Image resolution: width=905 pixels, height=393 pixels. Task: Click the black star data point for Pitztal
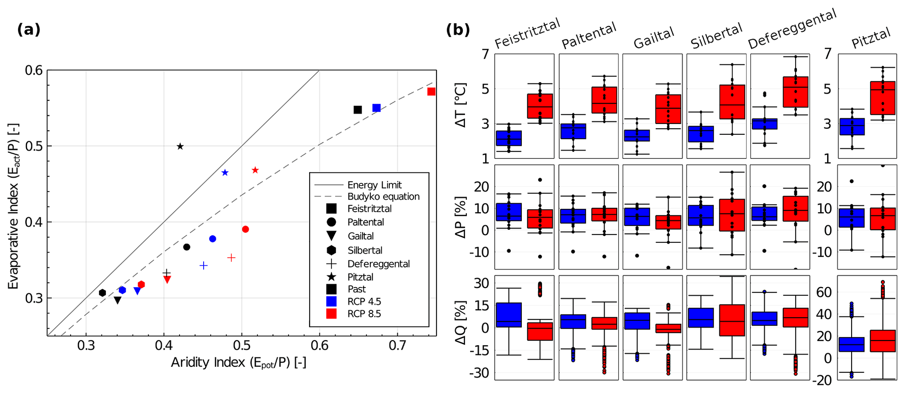point(180,146)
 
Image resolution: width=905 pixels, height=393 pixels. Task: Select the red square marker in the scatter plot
point(431,91)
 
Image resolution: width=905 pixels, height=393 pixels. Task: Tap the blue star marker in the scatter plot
point(225,173)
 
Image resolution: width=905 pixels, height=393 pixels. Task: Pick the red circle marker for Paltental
point(246,229)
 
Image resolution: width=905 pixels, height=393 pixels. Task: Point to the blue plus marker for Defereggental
point(203,266)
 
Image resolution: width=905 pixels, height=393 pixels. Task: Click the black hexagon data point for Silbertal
point(102,293)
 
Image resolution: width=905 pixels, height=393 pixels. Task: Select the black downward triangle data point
point(117,300)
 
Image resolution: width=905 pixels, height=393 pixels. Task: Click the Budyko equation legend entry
point(383,196)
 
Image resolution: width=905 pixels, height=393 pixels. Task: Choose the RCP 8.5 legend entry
point(364,314)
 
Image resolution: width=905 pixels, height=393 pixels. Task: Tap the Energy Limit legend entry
point(374,185)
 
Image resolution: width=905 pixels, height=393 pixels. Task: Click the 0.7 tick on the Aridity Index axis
point(398,345)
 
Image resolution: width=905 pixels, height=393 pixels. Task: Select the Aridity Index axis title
point(238,363)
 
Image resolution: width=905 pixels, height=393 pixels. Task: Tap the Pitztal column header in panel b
point(871,38)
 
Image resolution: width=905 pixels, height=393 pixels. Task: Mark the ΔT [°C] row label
point(461,105)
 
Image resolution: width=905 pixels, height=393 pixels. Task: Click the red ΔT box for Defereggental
point(796,92)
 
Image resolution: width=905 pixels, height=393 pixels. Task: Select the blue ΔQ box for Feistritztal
point(509,315)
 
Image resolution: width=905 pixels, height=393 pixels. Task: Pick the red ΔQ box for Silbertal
point(732,320)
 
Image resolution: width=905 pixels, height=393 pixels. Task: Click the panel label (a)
point(29,30)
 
